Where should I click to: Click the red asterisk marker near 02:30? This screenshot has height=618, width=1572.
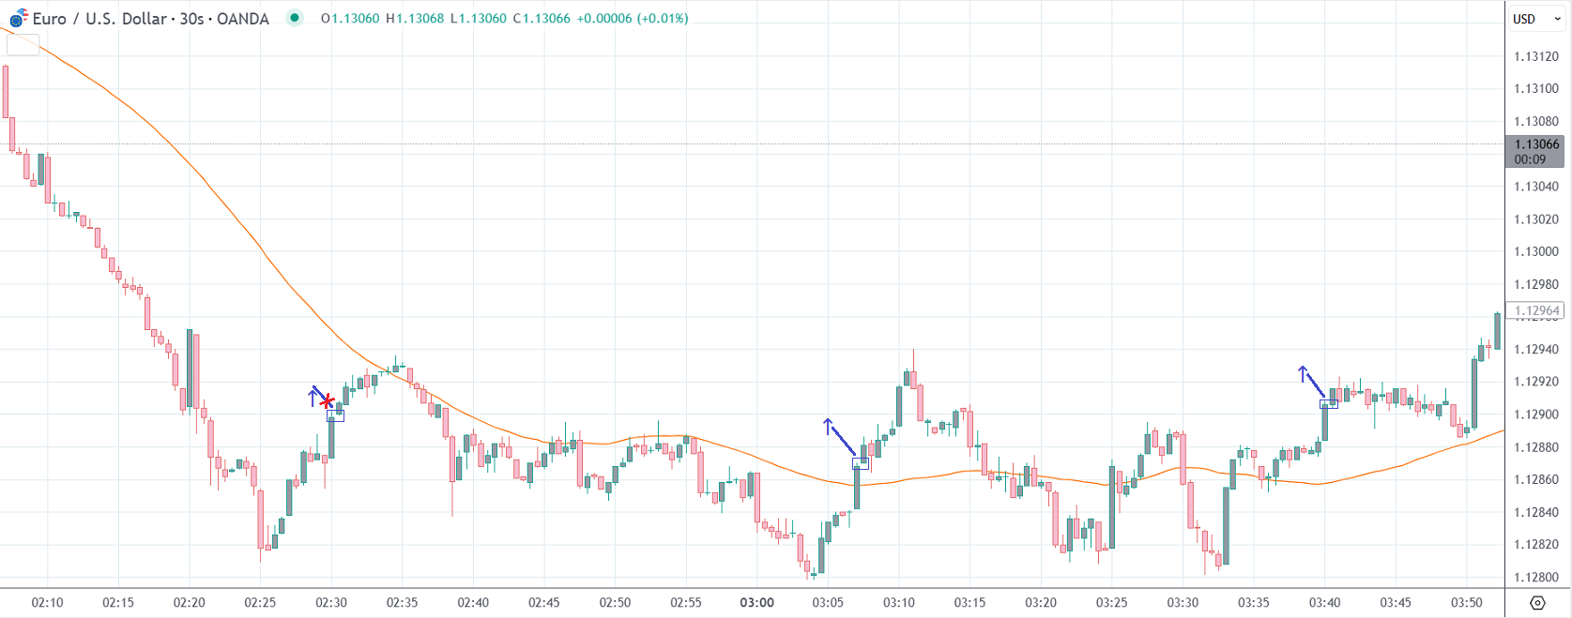327,402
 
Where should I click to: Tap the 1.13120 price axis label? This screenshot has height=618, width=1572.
1535,56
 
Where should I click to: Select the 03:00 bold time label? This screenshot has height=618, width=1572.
756,602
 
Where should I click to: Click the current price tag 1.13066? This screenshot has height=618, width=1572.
1535,144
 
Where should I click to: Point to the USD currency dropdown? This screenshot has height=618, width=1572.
1535,19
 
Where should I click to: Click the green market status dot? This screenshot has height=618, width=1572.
295,18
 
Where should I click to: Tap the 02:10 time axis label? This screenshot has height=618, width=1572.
47,602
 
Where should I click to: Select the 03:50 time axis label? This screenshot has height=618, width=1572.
1467,602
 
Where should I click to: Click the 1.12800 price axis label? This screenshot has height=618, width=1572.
1535,578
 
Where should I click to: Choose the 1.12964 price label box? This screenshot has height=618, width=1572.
1535,310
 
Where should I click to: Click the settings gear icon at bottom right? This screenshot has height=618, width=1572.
1537,602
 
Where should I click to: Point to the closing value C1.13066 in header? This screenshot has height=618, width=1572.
542,19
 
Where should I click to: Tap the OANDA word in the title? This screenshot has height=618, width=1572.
243,19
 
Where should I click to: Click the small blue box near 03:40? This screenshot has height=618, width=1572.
1329,404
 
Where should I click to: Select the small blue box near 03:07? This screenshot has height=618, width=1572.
861,463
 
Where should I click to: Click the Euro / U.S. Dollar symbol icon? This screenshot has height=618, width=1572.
19,18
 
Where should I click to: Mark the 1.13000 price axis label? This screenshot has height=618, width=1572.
1535,251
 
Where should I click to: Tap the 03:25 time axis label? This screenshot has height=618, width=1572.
1111,602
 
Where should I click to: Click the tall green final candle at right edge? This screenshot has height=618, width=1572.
1497,331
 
